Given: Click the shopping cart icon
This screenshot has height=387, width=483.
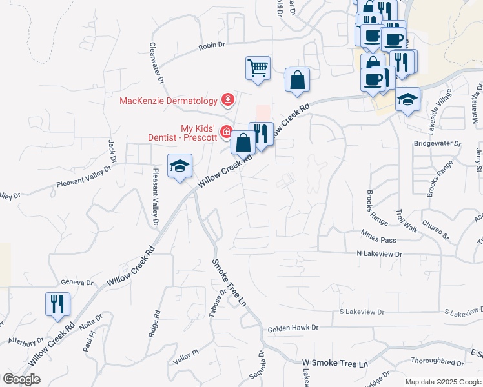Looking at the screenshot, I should click(x=258, y=68).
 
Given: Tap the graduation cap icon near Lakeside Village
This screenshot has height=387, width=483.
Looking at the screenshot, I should click(x=407, y=99).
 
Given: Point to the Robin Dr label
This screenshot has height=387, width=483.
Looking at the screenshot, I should click(x=211, y=45).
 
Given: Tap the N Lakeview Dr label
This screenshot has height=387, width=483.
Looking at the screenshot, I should click(x=379, y=255).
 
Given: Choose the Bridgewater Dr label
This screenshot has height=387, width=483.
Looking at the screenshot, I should click(x=438, y=143).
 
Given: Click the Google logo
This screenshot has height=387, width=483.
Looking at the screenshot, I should click(x=21, y=379).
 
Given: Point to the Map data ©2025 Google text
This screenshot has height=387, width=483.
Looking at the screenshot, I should click(x=443, y=382).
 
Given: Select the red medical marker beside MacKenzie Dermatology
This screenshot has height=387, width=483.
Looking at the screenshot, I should click(x=227, y=100).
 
